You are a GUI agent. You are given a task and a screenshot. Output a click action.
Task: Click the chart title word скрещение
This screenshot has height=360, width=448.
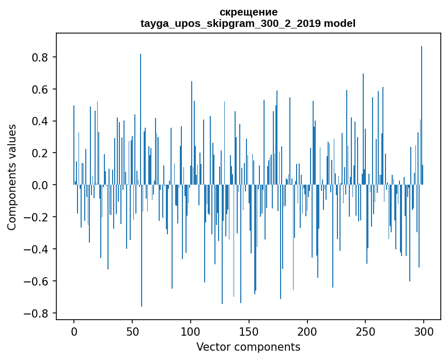(x=248, y=12)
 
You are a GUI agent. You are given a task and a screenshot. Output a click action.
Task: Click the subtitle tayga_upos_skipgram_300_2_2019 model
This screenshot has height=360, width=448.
(x=248, y=23)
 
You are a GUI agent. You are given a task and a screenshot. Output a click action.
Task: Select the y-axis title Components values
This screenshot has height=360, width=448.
(x=12, y=177)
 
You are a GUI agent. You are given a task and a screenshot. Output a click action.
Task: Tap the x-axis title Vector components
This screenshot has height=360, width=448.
(x=248, y=347)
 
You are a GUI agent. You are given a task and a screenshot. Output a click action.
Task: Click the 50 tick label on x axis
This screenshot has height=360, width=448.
(x=132, y=331)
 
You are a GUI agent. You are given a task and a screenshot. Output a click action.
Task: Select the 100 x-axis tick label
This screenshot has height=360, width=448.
(x=191, y=331)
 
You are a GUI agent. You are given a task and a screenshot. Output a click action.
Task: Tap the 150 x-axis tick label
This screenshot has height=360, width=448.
(x=249, y=331)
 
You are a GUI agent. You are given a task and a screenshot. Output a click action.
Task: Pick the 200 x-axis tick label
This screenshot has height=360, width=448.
(x=307, y=331)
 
